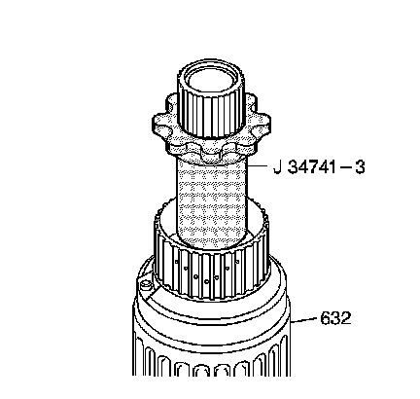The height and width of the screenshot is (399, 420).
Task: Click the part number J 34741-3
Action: pyautogui.click(x=319, y=167)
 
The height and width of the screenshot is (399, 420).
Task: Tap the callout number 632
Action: pyautogui.click(x=335, y=318)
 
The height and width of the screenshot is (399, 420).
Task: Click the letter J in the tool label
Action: pyautogui.click(x=277, y=167)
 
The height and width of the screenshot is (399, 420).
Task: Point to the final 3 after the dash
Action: pyautogui.click(x=360, y=167)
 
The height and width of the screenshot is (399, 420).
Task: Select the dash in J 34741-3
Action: pyautogui.click(x=345, y=168)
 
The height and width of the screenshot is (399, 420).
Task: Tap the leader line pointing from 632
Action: pyautogui.click(x=303, y=320)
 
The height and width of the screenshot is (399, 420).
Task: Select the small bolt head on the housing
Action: pyautogui.click(x=146, y=285)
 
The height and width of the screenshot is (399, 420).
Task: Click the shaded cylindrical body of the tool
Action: pyautogui.click(x=211, y=202)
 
